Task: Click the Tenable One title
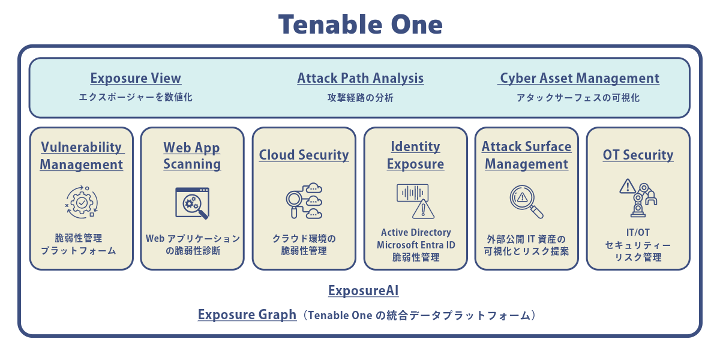point(361,25)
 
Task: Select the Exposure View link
point(136,78)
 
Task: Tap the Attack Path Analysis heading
point(361,78)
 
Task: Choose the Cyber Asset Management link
point(578,78)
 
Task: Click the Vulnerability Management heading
point(82,155)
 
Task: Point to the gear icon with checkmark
point(82,202)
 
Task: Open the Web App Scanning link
point(192,155)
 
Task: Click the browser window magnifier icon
point(192,203)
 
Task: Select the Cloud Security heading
point(304,155)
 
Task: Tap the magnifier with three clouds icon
point(304,201)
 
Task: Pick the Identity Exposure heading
point(415,155)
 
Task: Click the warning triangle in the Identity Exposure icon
point(423,209)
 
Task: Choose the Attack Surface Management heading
point(527,155)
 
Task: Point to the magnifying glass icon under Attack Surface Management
point(526,202)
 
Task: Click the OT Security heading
point(638,155)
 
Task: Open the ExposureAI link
point(363,290)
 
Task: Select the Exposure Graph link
point(247,314)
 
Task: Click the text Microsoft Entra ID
point(416,245)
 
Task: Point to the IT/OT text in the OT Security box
point(638,232)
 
